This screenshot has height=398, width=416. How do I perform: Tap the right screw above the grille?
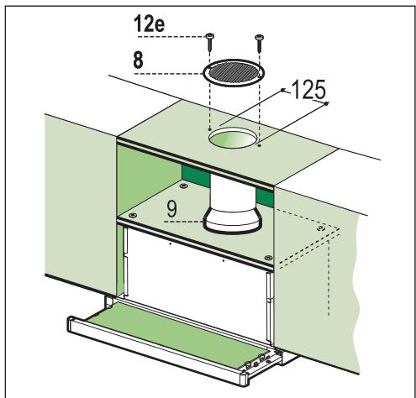260,36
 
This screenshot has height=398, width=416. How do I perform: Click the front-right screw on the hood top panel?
267,257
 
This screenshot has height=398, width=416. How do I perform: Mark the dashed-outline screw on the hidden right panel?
320,227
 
